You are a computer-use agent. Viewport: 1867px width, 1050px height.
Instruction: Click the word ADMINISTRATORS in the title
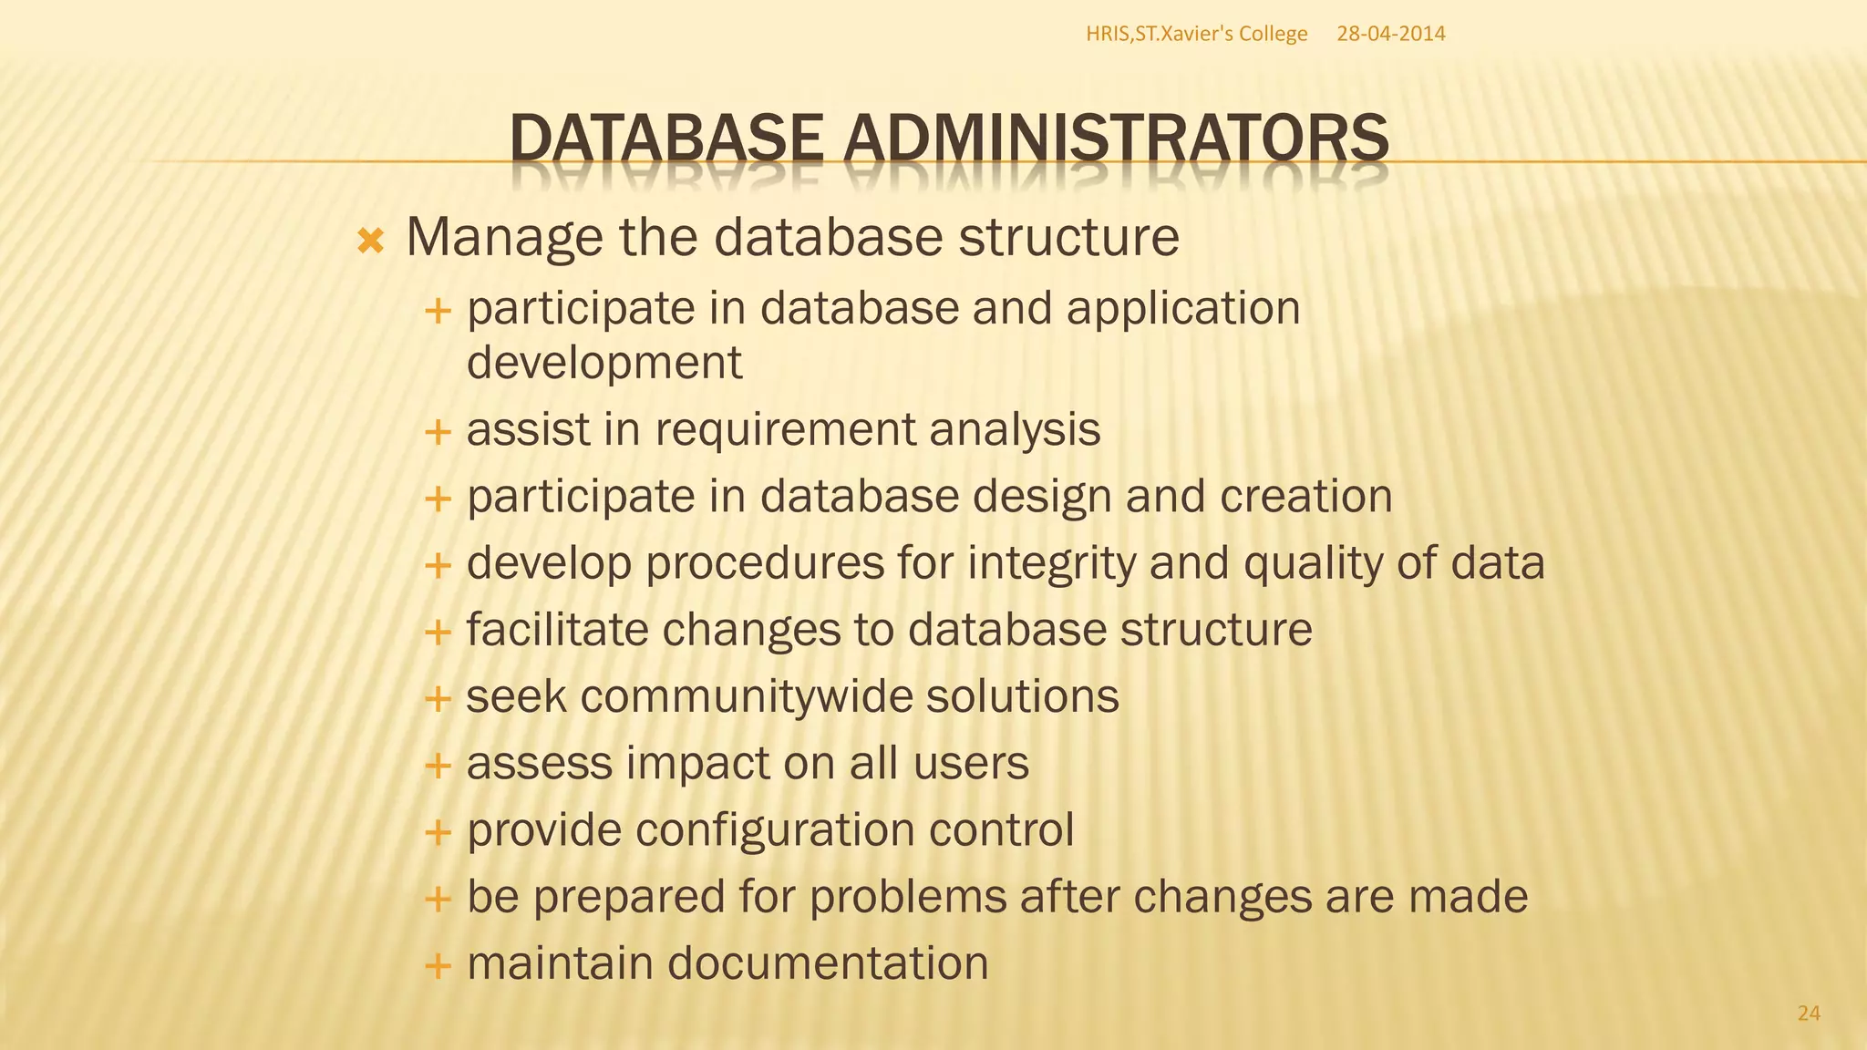1116,140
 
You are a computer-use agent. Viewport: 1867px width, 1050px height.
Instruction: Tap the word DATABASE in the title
666,140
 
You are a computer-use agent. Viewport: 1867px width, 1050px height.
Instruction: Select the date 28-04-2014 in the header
1390,34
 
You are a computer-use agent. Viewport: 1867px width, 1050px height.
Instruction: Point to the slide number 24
1809,1013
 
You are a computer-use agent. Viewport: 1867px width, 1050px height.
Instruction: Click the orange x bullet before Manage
371,242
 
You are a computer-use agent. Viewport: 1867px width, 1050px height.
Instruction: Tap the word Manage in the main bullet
504,238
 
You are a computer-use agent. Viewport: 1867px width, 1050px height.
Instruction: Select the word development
604,363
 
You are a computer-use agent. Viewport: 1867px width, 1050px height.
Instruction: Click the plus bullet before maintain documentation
438,964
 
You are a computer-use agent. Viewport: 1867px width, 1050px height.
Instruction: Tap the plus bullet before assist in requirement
438,431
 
